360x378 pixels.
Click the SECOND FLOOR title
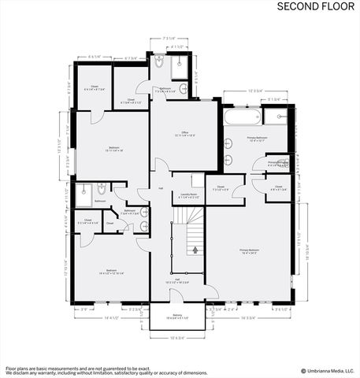(315, 6)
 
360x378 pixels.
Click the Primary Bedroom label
(250, 252)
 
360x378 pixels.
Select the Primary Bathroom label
(257, 139)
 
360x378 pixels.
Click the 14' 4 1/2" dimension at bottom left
(110, 317)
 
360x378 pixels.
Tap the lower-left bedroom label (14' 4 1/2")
(112, 273)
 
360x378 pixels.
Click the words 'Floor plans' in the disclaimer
(18, 367)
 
